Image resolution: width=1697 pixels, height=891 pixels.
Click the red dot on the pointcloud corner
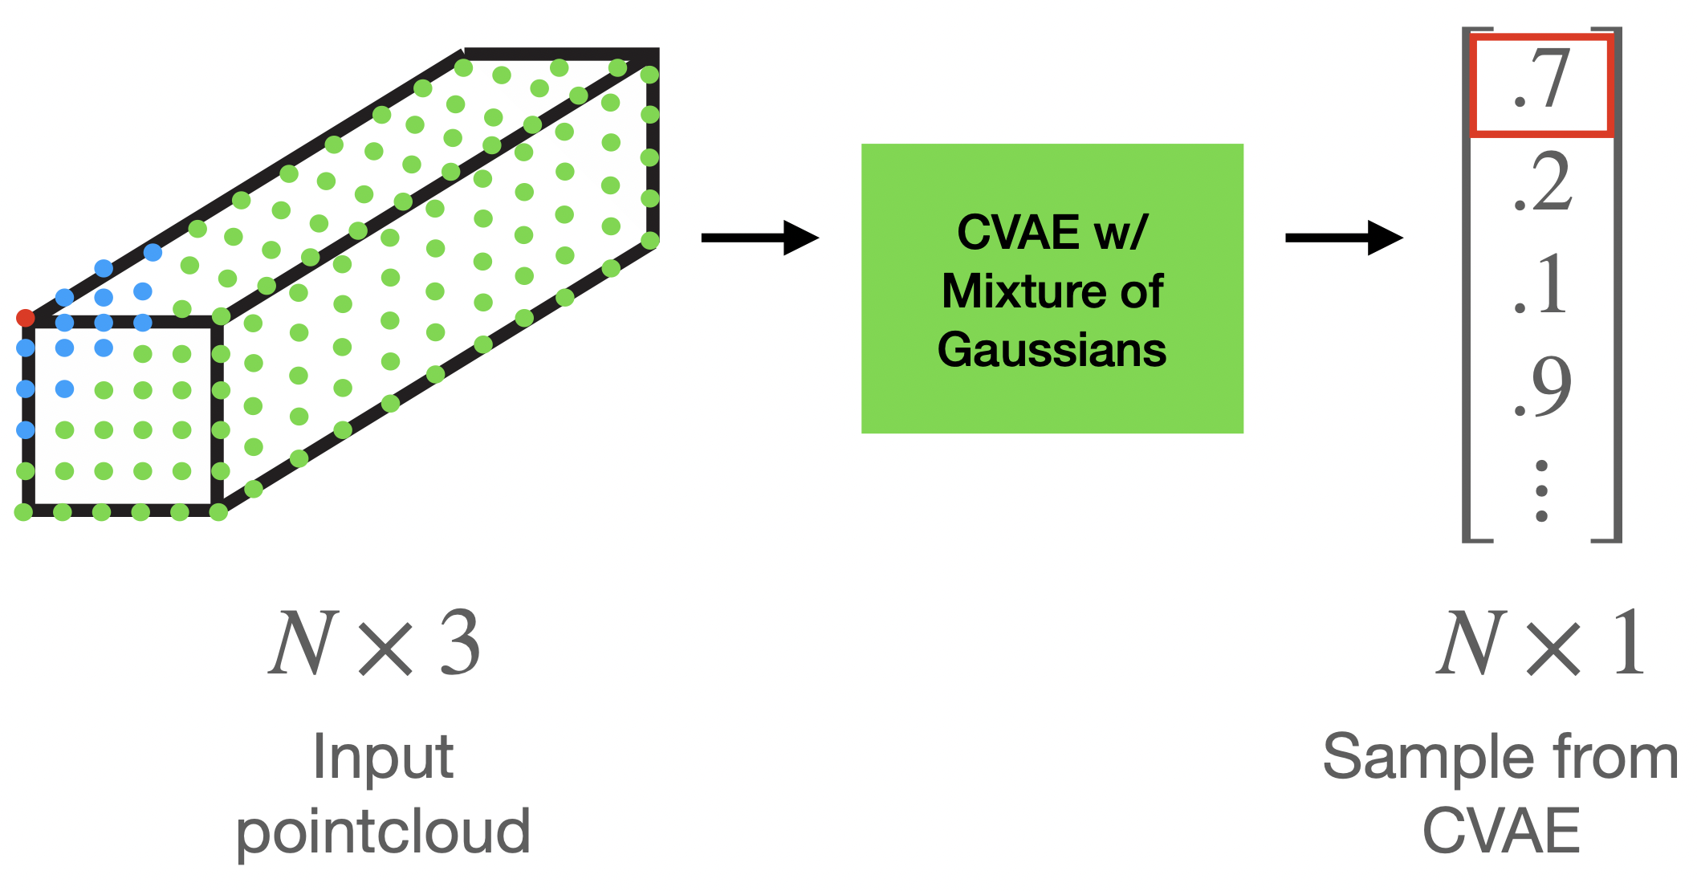[25, 319]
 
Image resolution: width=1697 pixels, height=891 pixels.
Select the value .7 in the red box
[1540, 83]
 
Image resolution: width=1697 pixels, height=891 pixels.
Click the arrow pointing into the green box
[759, 238]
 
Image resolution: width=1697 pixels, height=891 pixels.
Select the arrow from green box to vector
[1343, 238]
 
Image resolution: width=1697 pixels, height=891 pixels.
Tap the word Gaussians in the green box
[1052, 350]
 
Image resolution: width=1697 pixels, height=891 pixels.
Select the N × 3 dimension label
[374, 644]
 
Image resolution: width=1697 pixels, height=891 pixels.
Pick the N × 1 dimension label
[1540, 644]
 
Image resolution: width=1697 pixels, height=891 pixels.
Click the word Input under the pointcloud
[383, 757]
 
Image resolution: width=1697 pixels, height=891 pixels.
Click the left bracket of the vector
[1467, 285]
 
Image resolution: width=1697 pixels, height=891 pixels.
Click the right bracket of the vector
[1617, 285]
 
